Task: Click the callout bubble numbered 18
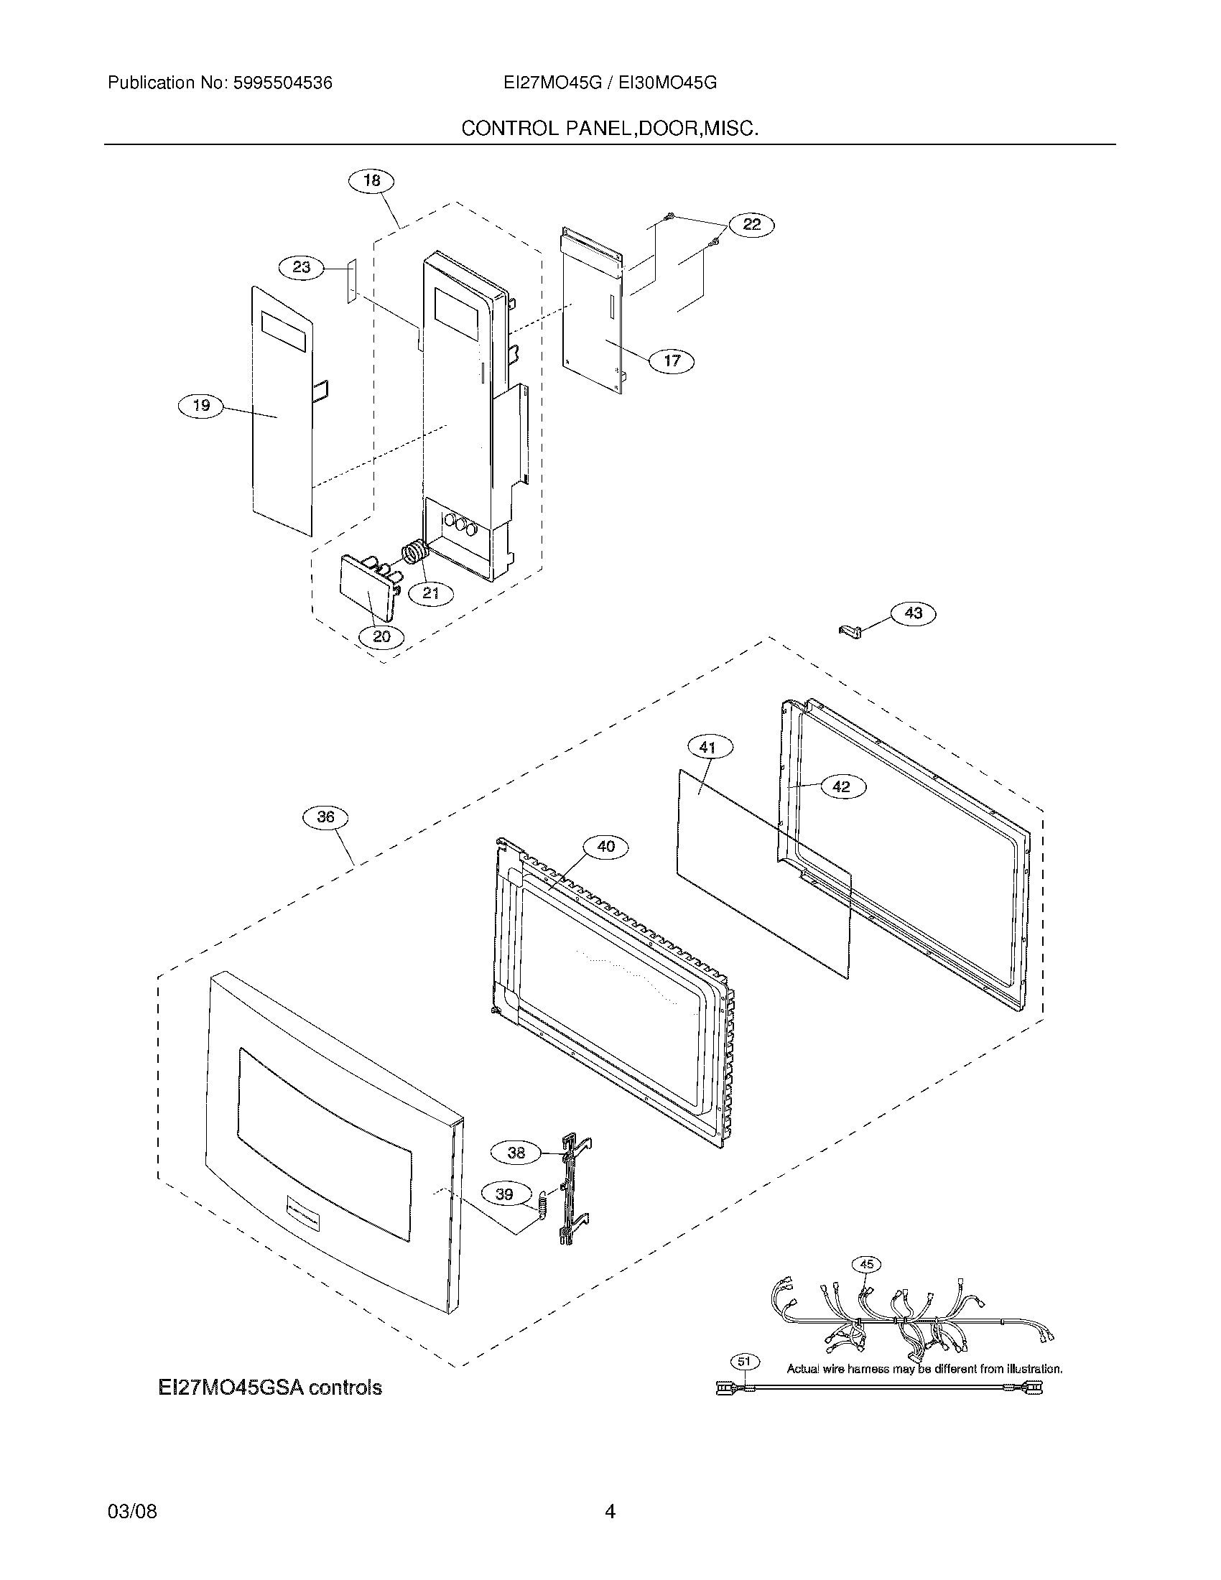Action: [371, 180]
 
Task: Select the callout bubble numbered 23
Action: [301, 268]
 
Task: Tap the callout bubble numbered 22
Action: [751, 224]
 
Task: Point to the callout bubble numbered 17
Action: [672, 361]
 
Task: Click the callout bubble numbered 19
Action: [201, 405]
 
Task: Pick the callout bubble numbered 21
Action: [430, 593]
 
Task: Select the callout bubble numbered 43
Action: [913, 613]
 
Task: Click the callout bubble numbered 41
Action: [707, 747]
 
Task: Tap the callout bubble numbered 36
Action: [325, 817]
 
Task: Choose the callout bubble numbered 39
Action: [503, 1194]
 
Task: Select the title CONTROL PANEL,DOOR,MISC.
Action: [610, 129]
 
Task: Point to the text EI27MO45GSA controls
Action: [269, 1388]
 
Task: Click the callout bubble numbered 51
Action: [744, 1362]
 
